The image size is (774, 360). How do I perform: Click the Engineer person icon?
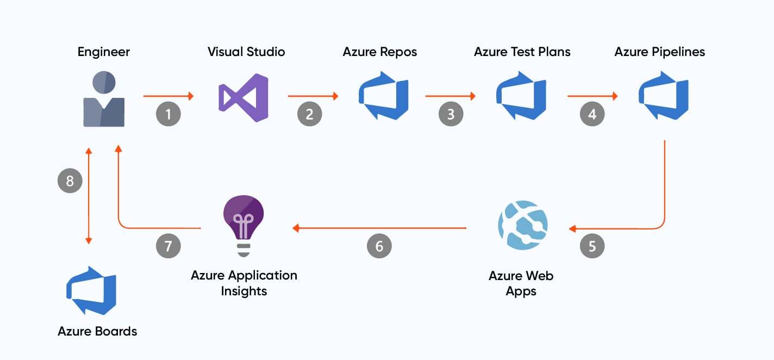[104, 100]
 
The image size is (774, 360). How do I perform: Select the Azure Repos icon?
[383, 96]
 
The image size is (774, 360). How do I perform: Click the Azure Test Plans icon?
[521, 96]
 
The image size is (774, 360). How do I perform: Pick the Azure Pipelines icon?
[663, 96]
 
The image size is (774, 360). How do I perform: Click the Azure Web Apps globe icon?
[523, 225]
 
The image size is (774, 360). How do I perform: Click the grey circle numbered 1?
[168, 114]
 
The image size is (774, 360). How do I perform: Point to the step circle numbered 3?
[451, 114]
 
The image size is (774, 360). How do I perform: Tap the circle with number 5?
[592, 246]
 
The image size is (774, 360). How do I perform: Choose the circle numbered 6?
[379, 246]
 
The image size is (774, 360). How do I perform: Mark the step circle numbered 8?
[70, 181]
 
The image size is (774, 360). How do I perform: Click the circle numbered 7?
[168, 246]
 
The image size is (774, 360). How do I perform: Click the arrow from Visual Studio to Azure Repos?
[313, 96]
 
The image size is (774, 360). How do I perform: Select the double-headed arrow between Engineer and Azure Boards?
[89, 196]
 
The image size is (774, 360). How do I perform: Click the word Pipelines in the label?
[679, 52]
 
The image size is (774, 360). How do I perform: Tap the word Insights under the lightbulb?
[244, 291]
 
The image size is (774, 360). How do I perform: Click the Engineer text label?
[104, 52]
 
